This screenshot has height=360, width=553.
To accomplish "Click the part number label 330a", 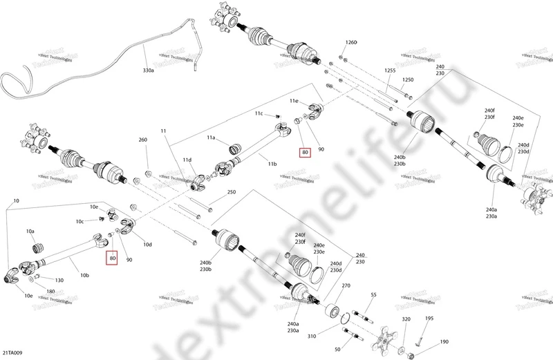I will (x=149, y=70).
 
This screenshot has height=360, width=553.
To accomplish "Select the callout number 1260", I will (x=351, y=43).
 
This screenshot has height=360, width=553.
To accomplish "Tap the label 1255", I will (x=390, y=70).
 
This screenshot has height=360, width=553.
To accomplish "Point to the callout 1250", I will (x=408, y=80).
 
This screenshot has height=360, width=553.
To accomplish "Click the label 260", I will (x=143, y=140).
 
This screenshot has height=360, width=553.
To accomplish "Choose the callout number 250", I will (x=231, y=192).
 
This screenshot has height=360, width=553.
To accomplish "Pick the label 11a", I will (x=212, y=138).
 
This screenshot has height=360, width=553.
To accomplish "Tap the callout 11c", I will (x=259, y=113).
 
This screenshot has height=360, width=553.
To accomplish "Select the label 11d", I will (x=187, y=160).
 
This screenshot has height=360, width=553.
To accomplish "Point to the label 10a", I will (x=30, y=231).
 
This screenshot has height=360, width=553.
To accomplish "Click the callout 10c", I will (x=80, y=221).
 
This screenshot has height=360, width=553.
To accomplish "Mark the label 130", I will (x=59, y=280).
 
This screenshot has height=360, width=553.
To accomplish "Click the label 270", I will (x=346, y=285).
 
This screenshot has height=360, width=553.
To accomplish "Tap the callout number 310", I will (x=311, y=337).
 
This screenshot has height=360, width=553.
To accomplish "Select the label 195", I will (x=429, y=319).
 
